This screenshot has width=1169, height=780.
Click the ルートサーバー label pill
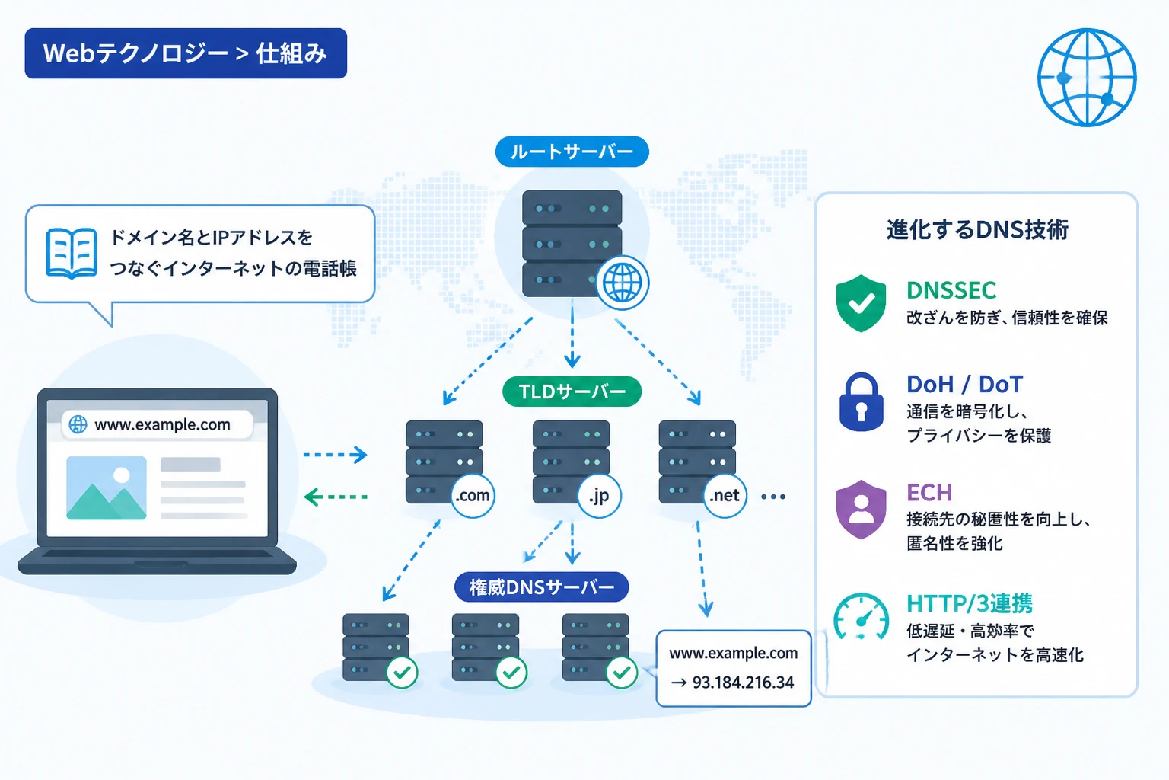coord(572,152)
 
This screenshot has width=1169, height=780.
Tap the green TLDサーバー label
coord(572,392)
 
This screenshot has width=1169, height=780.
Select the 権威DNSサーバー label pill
coord(542,587)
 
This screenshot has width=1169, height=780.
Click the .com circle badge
coord(473,495)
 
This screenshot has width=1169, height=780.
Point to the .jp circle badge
coord(599,496)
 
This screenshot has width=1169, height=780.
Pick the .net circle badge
coord(725,495)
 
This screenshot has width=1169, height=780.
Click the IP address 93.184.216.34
coord(743,682)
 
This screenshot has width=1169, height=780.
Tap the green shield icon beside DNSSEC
coord(861,303)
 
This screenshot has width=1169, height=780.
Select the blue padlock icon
coord(861,401)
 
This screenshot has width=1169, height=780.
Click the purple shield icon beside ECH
coord(861,510)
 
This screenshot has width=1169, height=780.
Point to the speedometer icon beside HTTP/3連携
coord(861,617)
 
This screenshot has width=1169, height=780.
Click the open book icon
coord(71,253)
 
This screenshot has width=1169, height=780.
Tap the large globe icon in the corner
coord(1087,78)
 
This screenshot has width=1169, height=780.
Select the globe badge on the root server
coord(623,283)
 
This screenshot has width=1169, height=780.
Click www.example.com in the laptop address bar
coord(162,424)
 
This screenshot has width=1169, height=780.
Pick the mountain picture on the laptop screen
coord(107,488)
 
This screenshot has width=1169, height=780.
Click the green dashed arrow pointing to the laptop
coord(336,497)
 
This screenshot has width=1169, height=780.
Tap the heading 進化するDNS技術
coord(977,230)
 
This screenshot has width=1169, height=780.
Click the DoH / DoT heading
coord(964,385)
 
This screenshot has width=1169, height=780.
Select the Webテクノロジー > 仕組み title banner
coord(186,53)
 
